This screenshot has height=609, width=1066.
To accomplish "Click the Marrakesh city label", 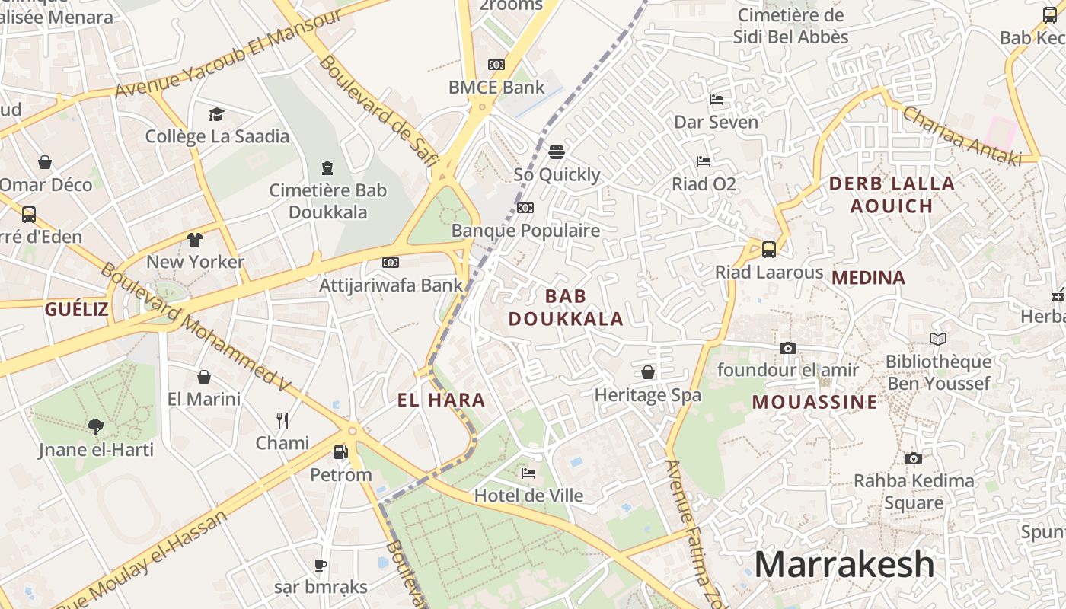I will click(x=844, y=565).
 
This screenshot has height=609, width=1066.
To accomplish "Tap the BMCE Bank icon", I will click(x=496, y=65).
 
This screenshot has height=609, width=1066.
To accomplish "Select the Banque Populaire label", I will click(x=525, y=230).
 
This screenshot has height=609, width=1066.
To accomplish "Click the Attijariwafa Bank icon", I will click(x=391, y=263).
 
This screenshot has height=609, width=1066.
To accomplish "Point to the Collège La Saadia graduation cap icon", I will click(x=217, y=114).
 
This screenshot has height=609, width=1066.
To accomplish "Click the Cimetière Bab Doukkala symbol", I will click(x=327, y=167).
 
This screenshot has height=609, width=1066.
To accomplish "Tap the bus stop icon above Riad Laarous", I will click(x=769, y=249).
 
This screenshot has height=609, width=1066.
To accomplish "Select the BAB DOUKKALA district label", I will click(x=566, y=308).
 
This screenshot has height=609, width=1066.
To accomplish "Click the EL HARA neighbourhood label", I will click(x=441, y=400).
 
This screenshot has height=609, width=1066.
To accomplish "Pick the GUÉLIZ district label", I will click(x=76, y=309).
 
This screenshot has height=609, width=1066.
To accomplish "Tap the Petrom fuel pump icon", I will click(x=340, y=452).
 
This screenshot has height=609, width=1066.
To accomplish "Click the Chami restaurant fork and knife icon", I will click(x=282, y=420).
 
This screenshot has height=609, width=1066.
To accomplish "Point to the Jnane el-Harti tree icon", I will click(x=96, y=426).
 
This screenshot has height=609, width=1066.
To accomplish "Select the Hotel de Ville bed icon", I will click(x=528, y=473).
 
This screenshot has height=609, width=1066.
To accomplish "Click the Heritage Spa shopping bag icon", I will click(x=647, y=372).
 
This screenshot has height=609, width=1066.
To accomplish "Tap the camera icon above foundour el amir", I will click(x=788, y=348).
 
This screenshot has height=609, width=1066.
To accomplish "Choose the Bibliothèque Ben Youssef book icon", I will click(x=938, y=339).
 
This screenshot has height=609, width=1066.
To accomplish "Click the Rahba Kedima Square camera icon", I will click(x=914, y=458).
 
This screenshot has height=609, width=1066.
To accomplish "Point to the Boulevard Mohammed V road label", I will click(x=195, y=327).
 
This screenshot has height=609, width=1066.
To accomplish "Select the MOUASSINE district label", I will click(x=815, y=402).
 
